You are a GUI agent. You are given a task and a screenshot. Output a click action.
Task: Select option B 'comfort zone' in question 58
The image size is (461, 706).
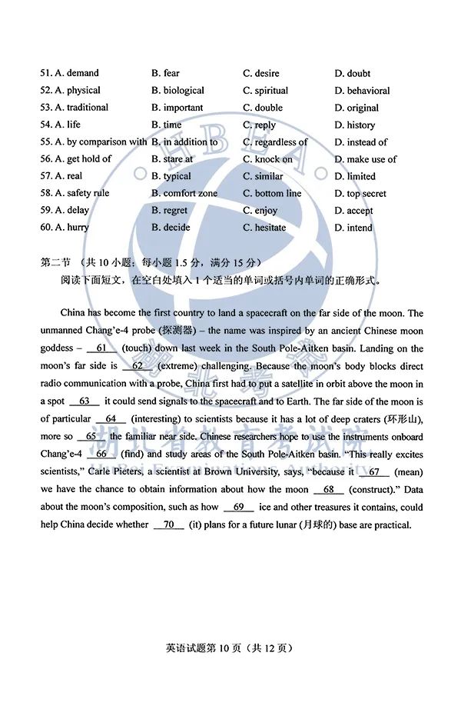pyautogui.click(x=184, y=193)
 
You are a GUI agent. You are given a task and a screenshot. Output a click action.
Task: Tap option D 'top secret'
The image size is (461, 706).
pyautogui.click(x=360, y=194)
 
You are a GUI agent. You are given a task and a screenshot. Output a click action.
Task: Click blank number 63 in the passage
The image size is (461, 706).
pyautogui.click(x=85, y=401)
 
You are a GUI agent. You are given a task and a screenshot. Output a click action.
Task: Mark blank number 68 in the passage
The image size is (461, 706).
pyautogui.click(x=329, y=489)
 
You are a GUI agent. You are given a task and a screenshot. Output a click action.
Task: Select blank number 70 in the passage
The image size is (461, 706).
pyautogui.click(x=168, y=525)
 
